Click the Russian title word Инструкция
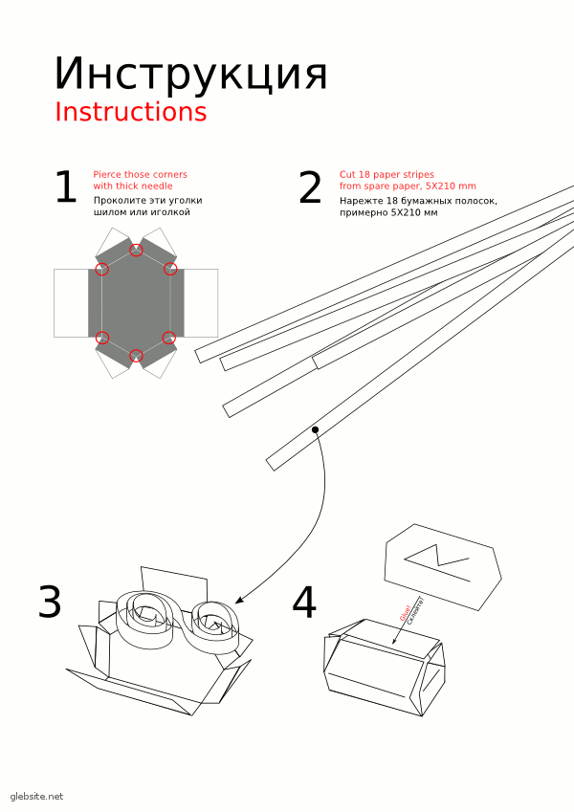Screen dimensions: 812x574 pos(191,74)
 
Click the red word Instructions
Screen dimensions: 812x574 pos(130,112)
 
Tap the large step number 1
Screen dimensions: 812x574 pos(65,188)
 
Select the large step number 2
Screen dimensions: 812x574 pos(310,188)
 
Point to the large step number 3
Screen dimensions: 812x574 pos(50,603)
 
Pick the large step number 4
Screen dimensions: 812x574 pos(304,603)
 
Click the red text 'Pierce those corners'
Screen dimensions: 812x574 pos(140,174)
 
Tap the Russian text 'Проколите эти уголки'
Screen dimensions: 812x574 pos(142,201)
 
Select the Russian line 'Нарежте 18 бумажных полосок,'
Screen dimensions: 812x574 pos(418,201)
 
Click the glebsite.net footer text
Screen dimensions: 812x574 pos(36,796)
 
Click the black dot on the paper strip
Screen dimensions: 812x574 pos(315,430)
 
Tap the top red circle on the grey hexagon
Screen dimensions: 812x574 pos(136,250)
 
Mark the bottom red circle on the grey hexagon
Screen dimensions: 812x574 pos(136,355)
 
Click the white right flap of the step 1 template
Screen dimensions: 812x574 pos(200,302)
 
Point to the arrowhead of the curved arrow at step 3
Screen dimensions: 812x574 pos(238,600)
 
